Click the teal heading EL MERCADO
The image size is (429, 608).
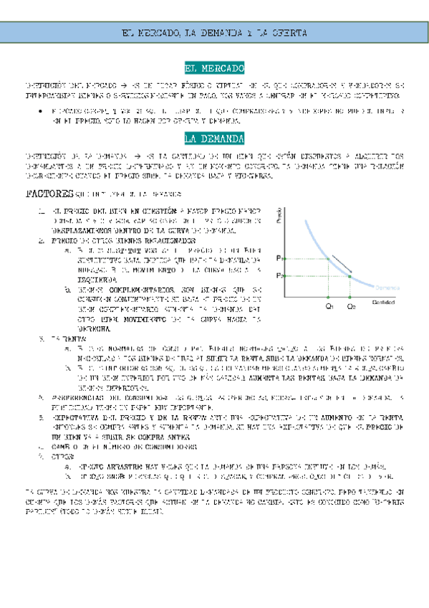(x=214, y=69)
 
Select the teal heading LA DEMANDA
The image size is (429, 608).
(x=214, y=138)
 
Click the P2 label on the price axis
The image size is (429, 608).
(x=278, y=275)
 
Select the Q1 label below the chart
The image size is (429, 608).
(x=329, y=307)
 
